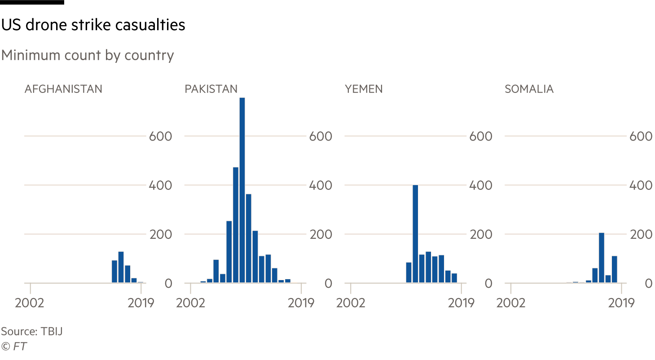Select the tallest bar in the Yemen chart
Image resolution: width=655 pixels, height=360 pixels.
(415, 234)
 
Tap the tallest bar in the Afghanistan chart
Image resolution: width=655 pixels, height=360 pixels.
(121, 267)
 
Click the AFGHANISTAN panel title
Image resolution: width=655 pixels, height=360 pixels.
(63, 89)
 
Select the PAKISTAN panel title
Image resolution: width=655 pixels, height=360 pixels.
(211, 89)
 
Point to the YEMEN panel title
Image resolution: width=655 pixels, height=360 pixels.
(364, 89)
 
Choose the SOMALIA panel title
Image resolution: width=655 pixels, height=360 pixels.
(529, 89)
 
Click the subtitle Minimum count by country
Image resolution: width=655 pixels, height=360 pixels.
(87, 56)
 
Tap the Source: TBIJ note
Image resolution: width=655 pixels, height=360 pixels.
(31, 332)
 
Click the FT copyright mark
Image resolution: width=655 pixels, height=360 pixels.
(14, 346)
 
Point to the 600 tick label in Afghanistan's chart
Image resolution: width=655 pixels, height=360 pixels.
(160, 136)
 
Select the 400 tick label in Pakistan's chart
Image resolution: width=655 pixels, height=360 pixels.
(321, 185)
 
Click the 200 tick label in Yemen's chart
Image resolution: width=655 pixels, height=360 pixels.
(480, 234)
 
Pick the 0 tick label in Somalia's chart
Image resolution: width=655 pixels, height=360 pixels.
(648, 284)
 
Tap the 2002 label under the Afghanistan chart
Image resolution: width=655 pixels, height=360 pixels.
(30, 303)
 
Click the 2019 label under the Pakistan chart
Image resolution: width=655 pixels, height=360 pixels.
(301, 303)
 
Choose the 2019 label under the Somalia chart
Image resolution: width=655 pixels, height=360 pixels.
(621, 303)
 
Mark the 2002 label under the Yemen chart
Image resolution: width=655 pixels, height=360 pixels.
(351, 303)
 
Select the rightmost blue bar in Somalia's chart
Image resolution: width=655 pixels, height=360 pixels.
(615, 269)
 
